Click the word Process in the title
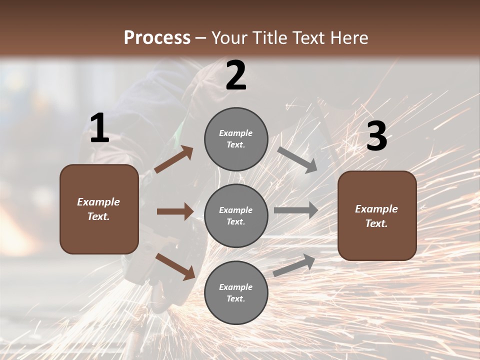tap(157, 38)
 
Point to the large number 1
tap(99, 128)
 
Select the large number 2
tap(236, 75)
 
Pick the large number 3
tap(376, 136)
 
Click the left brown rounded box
tap(99, 209)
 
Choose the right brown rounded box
tap(377, 216)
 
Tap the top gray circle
tap(236, 138)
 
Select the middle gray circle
tap(236, 215)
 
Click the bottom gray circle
tap(236, 292)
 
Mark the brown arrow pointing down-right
tap(175, 266)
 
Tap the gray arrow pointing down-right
tap(297, 160)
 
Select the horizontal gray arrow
tap(295, 210)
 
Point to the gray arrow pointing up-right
tap(294, 265)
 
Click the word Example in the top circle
tap(236, 133)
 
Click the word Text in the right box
tap(376, 223)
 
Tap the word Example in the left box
tap(98, 202)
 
